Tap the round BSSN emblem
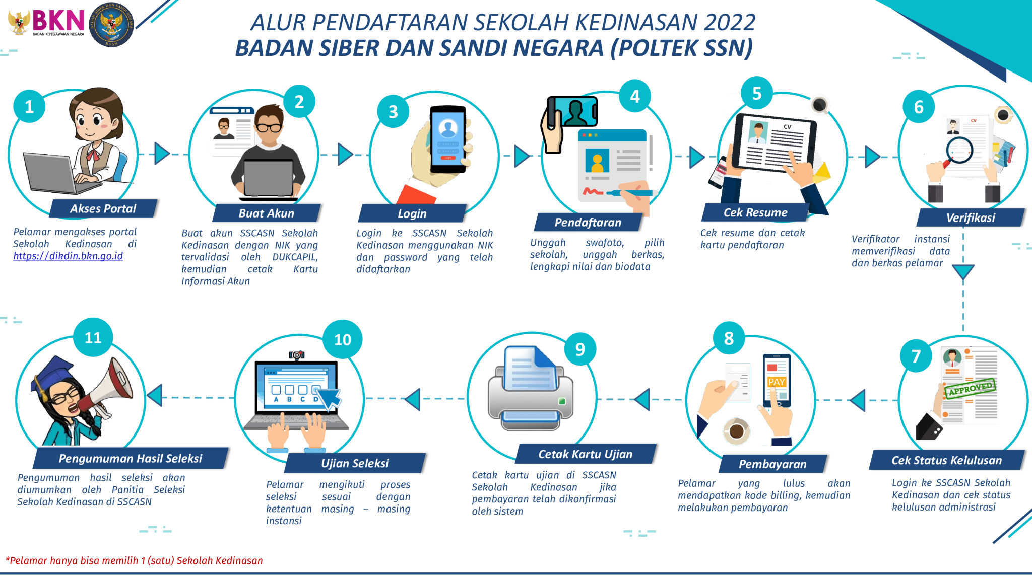point(111,24)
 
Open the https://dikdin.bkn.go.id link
point(68,256)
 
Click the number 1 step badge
point(29,106)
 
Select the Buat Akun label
point(266,213)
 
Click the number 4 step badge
point(635,96)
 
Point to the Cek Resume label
point(755,212)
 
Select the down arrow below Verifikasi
point(963,272)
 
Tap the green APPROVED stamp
point(970,388)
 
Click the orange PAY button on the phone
point(777,382)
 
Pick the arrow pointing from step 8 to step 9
point(642,399)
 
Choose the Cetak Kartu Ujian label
point(585,454)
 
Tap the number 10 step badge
point(343,339)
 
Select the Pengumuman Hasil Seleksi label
point(131,458)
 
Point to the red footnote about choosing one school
point(134,560)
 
